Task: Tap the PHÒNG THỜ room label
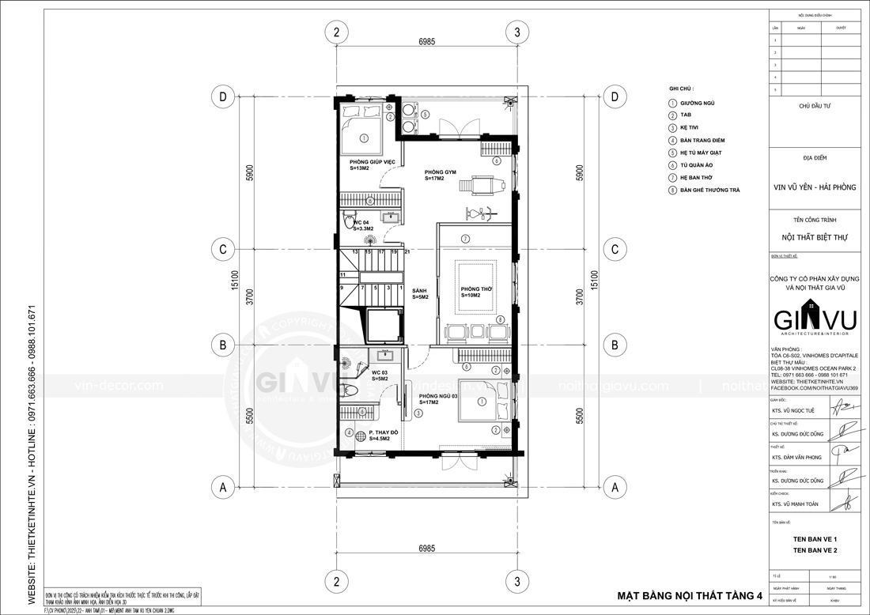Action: tap(477, 290)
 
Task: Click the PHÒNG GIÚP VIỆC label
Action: tap(373, 162)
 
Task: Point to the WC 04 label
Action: tap(361, 224)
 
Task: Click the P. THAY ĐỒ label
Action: tap(384, 433)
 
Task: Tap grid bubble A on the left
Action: tap(224, 488)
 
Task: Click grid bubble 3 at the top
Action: tap(516, 32)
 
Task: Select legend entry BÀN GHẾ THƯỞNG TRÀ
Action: tap(710, 191)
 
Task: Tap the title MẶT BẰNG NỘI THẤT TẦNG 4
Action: tap(687, 594)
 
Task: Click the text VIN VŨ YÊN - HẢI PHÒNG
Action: tap(815, 187)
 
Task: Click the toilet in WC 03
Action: tap(352, 390)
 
